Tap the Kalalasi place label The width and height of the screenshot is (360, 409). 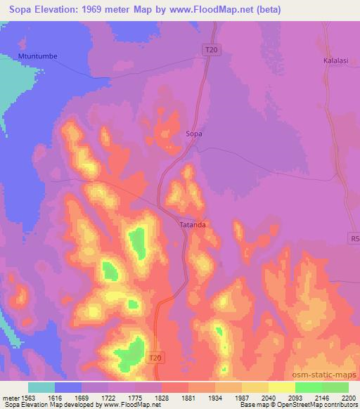(335, 60)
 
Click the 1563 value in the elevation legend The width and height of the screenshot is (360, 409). (29, 396)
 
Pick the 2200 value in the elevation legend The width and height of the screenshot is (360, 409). (347, 396)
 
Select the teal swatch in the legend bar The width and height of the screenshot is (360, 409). (41, 387)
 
